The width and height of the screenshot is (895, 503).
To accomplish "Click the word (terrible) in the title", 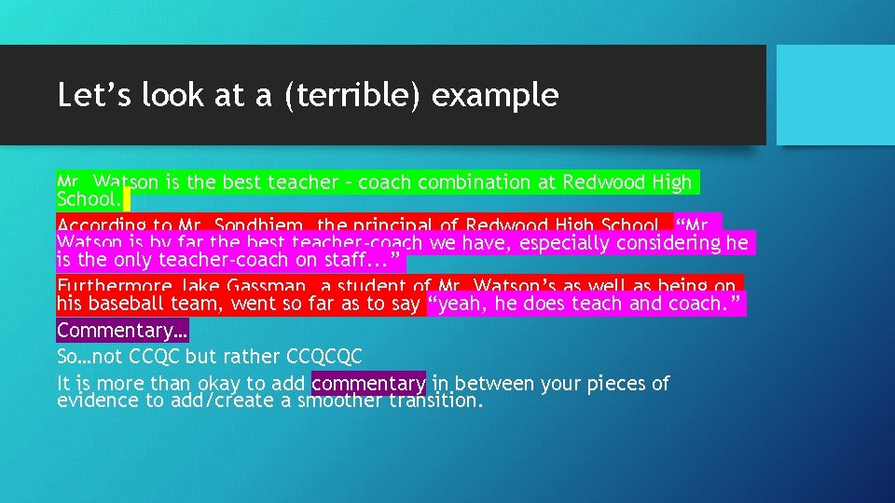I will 338,96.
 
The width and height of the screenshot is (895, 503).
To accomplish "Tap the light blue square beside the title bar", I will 834,95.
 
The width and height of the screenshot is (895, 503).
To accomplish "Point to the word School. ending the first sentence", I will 88,199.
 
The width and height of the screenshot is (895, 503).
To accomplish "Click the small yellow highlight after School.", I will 127,199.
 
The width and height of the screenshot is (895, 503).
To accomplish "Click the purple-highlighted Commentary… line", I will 122,331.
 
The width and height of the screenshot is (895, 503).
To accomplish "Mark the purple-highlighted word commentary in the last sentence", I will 369,383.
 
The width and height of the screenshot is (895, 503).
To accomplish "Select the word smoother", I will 339,401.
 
